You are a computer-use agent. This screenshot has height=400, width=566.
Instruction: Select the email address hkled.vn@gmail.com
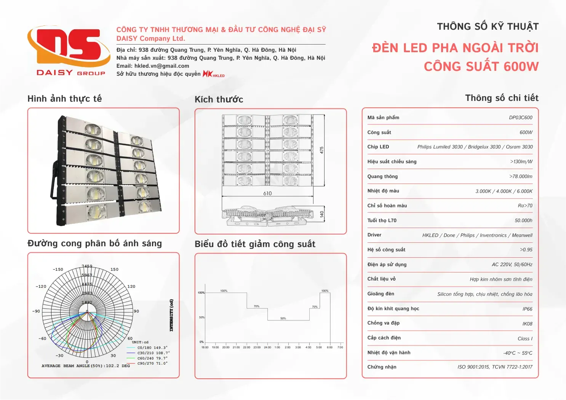pos(161,66)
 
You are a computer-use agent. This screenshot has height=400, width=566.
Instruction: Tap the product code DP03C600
pos(520,118)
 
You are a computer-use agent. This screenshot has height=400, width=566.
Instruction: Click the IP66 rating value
pos(527,309)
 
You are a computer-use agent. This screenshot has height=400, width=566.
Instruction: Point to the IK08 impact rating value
pos(527,324)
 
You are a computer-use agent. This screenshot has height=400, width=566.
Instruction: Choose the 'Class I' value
pos(525,339)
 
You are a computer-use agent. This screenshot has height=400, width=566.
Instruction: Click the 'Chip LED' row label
pos(378,147)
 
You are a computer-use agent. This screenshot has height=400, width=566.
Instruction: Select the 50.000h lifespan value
pos(523,220)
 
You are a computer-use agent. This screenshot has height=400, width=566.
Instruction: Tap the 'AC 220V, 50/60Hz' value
pos(512,265)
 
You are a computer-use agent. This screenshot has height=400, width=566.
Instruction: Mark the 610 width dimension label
pos(267,193)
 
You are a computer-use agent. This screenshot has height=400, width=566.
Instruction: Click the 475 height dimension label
pos(322,150)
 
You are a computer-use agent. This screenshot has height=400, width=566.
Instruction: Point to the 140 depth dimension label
pos(322,214)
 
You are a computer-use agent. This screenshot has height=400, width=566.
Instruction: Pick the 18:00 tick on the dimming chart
pos(205,347)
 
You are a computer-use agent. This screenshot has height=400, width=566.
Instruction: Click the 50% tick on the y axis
pos(201,317)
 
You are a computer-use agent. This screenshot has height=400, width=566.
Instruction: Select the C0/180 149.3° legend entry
pos(152,347)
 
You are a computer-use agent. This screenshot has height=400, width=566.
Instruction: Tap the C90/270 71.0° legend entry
pos(152,363)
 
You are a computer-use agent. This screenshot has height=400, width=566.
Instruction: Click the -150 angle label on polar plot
pos(58,269)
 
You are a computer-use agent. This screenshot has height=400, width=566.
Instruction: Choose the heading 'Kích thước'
pos(219,100)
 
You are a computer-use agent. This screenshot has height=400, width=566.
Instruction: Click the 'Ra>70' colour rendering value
pos(525,206)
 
